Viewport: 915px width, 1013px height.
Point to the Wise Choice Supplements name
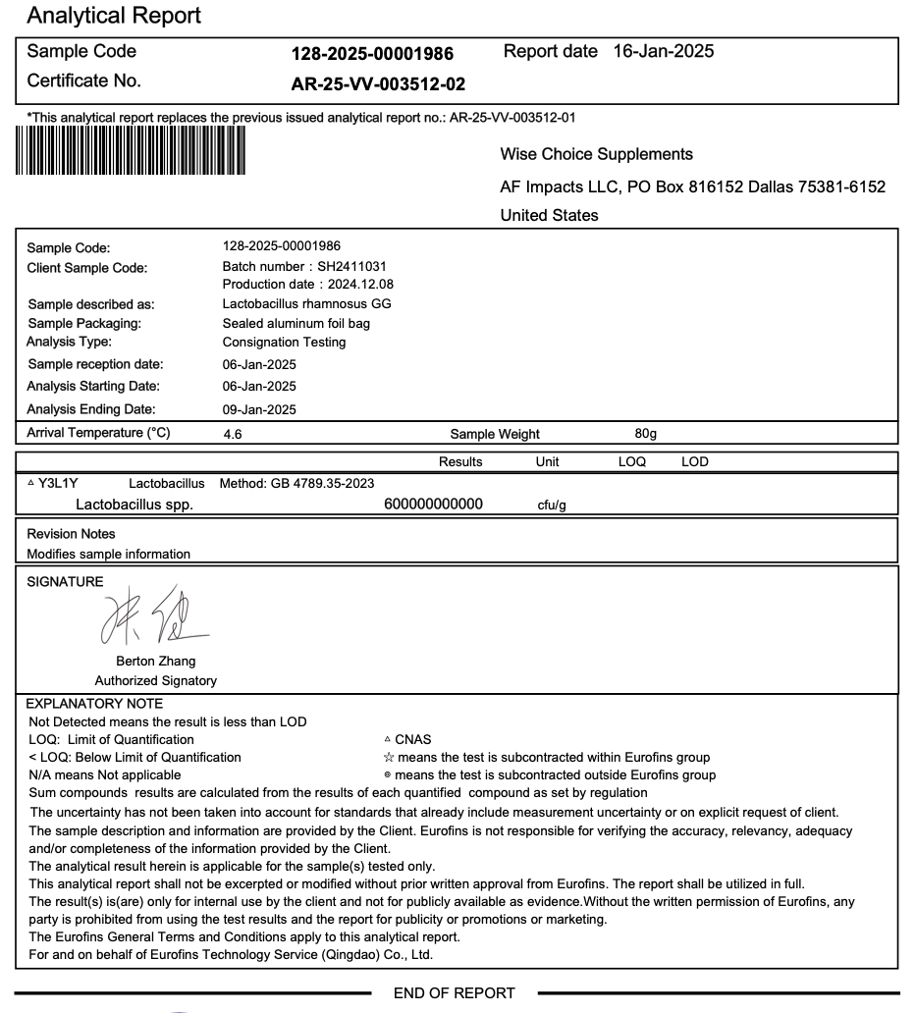click(596, 154)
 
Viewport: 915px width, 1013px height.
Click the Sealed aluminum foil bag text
click(296, 324)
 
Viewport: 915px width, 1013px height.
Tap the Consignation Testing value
click(284, 343)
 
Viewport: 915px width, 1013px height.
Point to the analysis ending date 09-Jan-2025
click(259, 409)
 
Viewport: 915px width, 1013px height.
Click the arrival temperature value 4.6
click(234, 432)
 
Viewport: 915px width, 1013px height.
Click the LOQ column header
click(632, 461)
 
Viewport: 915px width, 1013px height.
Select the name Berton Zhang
click(156, 662)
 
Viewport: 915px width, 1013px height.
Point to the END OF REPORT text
click(454, 993)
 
